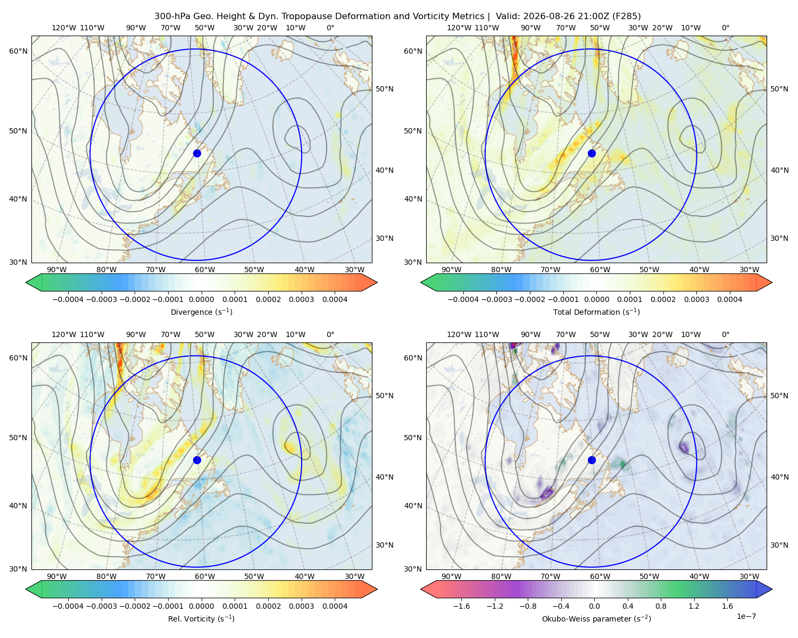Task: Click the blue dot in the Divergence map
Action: coord(197,153)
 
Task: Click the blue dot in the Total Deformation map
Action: coord(592,153)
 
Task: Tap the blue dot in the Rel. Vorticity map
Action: coord(197,460)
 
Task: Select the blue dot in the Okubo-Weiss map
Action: coord(592,460)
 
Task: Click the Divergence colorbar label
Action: coord(201,312)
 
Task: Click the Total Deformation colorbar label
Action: coord(596,312)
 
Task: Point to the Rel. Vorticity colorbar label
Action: coord(201,618)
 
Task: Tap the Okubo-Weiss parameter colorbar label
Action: coord(596,618)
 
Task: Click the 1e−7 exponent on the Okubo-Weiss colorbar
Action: coord(746,616)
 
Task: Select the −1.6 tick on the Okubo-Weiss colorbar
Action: coord(461,606)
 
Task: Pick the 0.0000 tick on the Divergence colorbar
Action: coord(201,299)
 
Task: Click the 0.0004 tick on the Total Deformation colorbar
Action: coord(729,299)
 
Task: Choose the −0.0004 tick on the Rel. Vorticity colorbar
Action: coord(68,606)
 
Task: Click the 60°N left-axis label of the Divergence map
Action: coord(18,51)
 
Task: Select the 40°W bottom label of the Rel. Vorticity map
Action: coord(304,576)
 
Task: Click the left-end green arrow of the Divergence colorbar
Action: coord(34,282)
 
